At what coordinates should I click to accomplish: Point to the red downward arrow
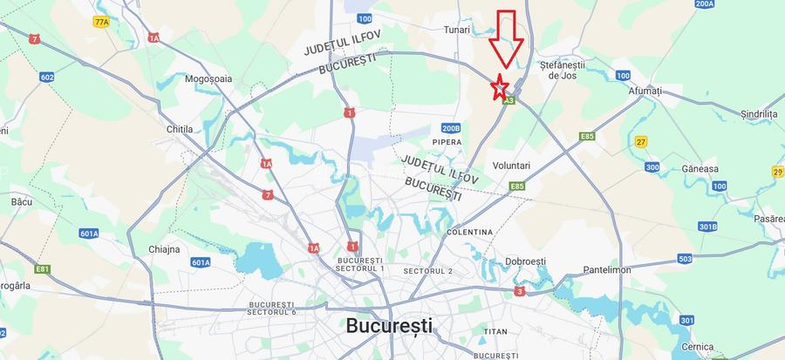[505, 39]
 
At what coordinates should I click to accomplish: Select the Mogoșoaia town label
[208, 78]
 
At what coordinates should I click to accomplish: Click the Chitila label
[179, 129]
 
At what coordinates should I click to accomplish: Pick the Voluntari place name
[511, 166]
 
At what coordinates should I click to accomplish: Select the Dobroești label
[524, 262]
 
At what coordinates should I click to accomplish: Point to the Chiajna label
[164, 249]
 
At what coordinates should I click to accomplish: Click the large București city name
[389, 326]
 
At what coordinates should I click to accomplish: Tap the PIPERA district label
[447, 141]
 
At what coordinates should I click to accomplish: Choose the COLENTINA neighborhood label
[469, 233]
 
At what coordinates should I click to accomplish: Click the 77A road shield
[102, 21]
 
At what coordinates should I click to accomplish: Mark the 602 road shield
[47, 78]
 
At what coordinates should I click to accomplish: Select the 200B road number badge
[450, 127]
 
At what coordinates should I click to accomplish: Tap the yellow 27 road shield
[641, 141]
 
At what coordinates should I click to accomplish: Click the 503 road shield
[685, 259]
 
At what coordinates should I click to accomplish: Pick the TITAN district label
[495, 332]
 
